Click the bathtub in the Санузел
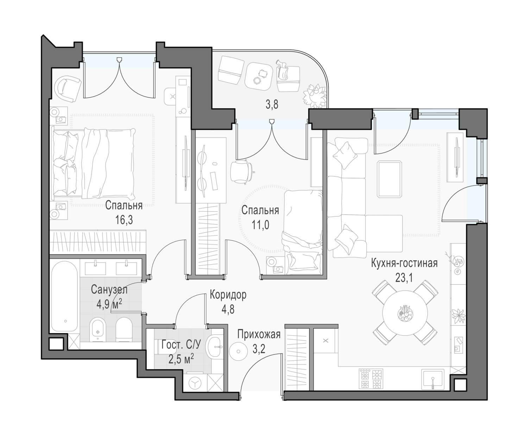[65, 296]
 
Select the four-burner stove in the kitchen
[371, 379]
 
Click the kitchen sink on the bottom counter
[433, 379]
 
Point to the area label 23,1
[404, 278]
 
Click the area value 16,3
[124, 220]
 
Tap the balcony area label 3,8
[272, 104]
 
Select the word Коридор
[228, 295]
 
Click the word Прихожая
[259, 335]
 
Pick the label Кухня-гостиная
[404, 263]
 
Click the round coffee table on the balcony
[259, 77]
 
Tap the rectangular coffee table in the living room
[389, 180]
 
